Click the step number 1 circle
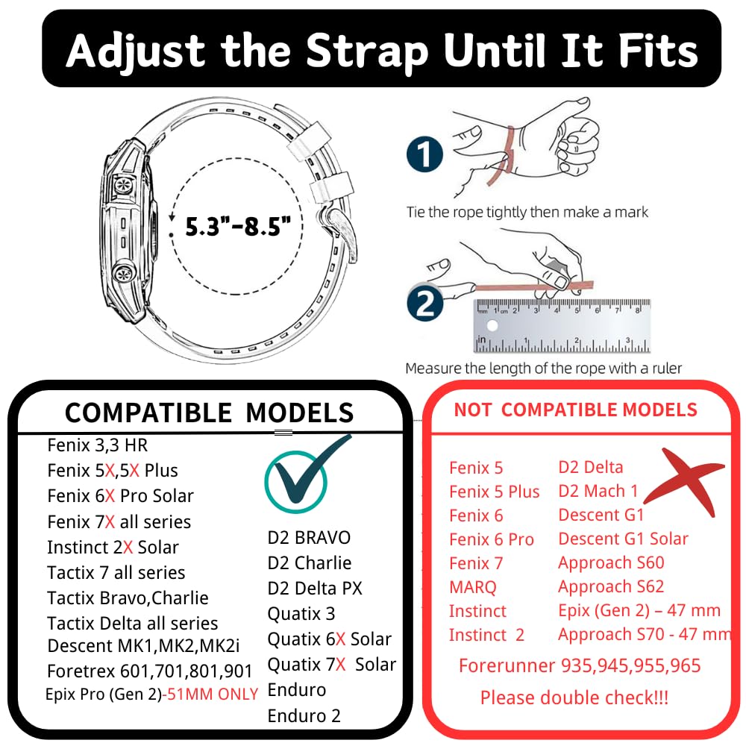click(x=425, y=154)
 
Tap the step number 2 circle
click(x=425, y=303)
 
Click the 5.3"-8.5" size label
click(x=237, y=227)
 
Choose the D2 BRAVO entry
click(x=309, y=538)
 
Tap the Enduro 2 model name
click(x=304, y=715)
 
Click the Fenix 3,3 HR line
click(x=98, y=445)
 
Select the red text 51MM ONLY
click(x=212, y=694)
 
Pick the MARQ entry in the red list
click(x=472, y=587)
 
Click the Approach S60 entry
click(x=611, y=562)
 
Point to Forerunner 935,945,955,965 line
click(x=580, y=665)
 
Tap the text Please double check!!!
click(x=574, y=698)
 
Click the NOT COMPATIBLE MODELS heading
click(x=575, y=410)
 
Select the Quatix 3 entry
click(x=301, y=614)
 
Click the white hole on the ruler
click(x=492, y=325)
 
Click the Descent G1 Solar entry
click(x=623, y=539)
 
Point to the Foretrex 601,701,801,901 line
click(x=149, y=671)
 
